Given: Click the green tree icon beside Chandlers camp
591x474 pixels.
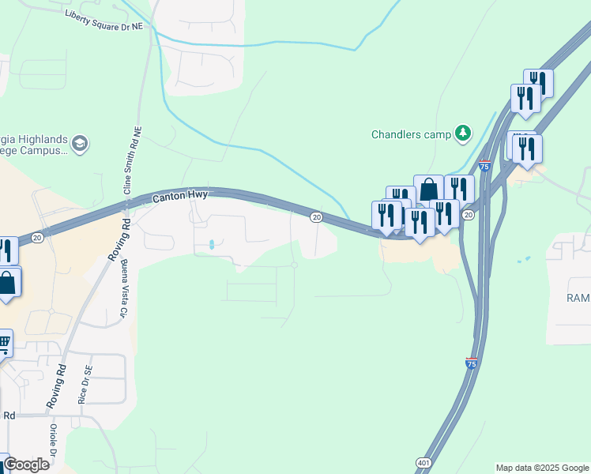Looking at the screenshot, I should tap(463, 134).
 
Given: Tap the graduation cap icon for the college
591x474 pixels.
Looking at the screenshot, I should tap(79, 143).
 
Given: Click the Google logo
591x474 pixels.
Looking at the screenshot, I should tap(25, 465).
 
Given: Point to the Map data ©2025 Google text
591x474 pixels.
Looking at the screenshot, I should tap(542, 468).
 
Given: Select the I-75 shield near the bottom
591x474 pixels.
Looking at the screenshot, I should tap(471, 363).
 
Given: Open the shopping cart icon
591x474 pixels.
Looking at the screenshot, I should tap(3, 343).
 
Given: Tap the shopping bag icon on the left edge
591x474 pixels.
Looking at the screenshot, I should tap(6, 283).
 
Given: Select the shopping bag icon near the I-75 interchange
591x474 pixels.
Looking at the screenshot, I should tap(428, 190).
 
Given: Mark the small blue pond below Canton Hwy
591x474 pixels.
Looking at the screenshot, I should tap(211, 245).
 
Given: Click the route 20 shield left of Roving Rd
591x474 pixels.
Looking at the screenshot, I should tap(36, 237).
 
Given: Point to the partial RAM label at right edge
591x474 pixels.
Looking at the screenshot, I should tap(578, 298).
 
